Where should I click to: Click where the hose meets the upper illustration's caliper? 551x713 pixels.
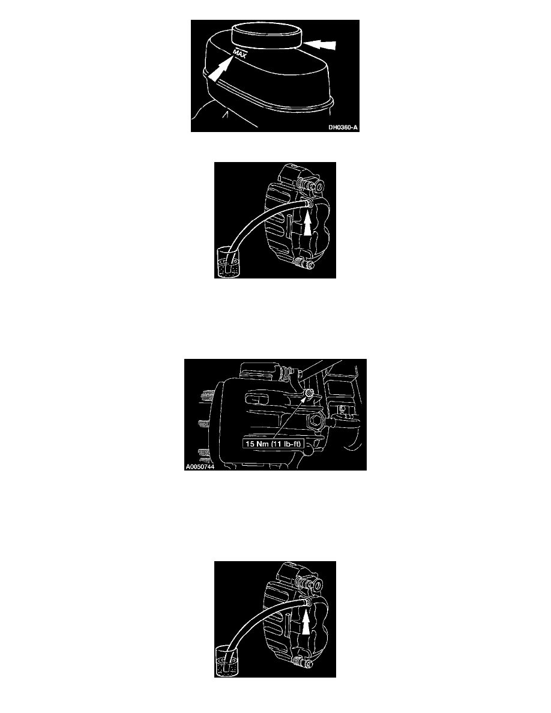306,206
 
